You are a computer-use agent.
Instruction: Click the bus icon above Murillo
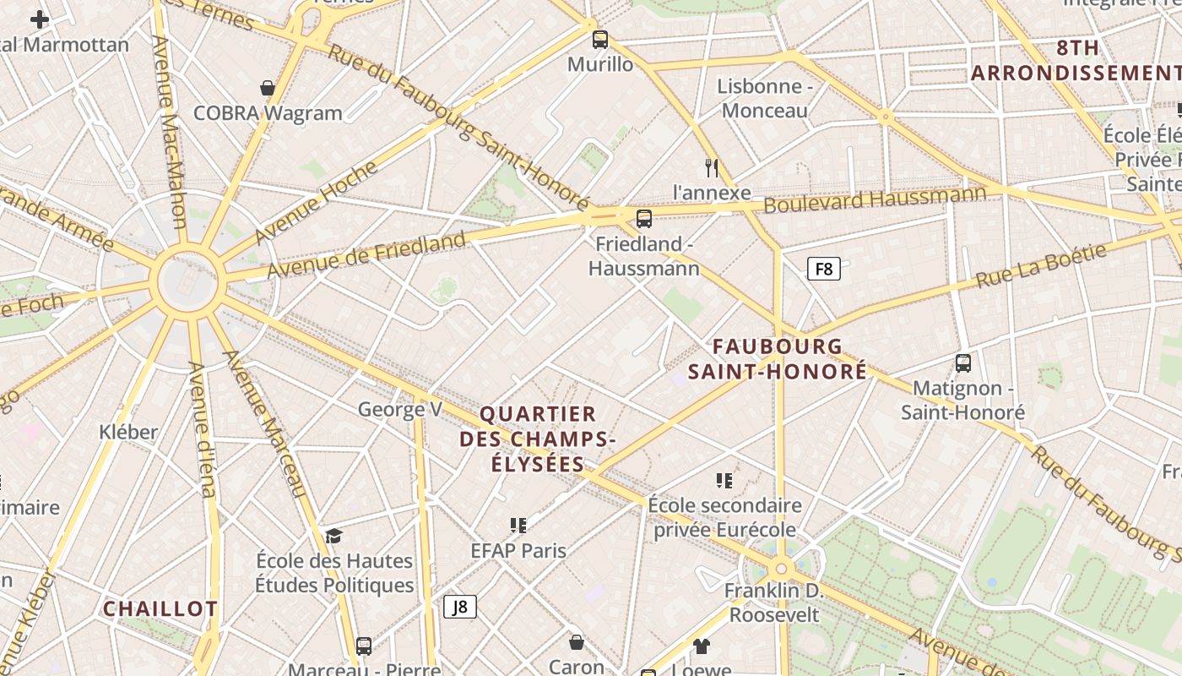600,39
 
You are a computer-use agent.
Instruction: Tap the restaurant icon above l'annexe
712,168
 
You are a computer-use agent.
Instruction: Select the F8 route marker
823,270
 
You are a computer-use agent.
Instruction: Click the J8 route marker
460,607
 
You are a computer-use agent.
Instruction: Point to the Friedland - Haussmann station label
644,256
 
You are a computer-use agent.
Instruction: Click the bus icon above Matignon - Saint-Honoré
963,363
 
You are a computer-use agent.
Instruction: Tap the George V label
400,410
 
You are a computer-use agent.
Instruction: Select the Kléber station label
128,432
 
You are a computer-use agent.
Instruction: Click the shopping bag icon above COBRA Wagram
268,88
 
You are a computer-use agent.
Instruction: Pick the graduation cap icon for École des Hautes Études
334,536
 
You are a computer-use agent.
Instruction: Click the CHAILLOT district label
160,608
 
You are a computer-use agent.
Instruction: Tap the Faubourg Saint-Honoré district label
778,358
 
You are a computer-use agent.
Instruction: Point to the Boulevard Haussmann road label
875,200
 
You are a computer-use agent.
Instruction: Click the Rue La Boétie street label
1041,265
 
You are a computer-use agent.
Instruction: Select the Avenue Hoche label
316,201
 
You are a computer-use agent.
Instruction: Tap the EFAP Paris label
518,550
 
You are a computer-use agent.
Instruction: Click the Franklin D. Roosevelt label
774,602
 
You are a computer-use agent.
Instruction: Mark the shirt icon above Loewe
702,646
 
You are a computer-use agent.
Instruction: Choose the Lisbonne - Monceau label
765,98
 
